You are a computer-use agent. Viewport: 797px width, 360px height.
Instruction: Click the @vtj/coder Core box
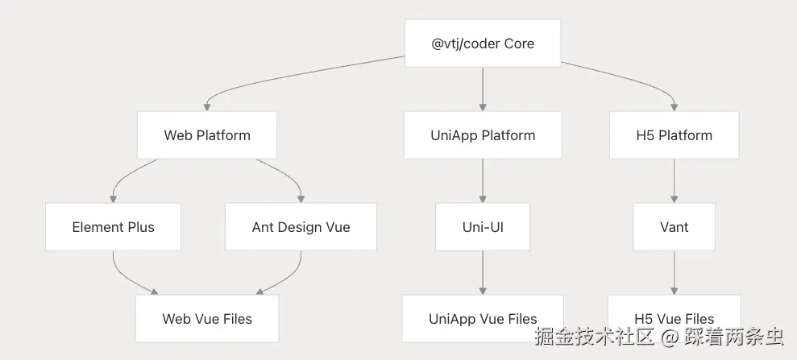pyautogui.click(x=482, y=43)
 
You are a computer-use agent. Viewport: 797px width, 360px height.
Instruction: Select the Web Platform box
pyautogui.click(x=207, y=134)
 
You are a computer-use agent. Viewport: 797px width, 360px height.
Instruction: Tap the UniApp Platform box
pyautogui.click(x=482, y=134)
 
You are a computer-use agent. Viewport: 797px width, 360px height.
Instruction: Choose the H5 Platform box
pyautogui.click(x=674, y=134)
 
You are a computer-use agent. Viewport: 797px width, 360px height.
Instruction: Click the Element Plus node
pyautogui.click(x=113, y=226)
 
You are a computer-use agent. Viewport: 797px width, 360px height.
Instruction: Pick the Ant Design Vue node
pyautogui.click(x=301, y=226)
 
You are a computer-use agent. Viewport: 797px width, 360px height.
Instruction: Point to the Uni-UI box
pyautogui.click(x=482, y=226)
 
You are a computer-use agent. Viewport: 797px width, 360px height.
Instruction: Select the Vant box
pyautogui.click(x=674, y=226)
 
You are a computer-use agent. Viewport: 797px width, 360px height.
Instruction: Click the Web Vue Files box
pyautogui.click(x=207, y=318)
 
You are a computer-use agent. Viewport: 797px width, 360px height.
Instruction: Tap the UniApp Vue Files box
pyautogui.click(x=482, y=318)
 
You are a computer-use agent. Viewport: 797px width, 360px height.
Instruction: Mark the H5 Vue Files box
pyautogui.click(x=674, y=318)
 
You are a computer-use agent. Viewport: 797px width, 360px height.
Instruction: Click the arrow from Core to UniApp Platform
pyautogui.click(x=482, y=89)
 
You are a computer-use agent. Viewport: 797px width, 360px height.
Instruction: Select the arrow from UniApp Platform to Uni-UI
pyautogui.click(x=482, y=180)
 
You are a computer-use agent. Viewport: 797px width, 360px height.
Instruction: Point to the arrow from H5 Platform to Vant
pyautogui.click(x=674, y=180)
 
